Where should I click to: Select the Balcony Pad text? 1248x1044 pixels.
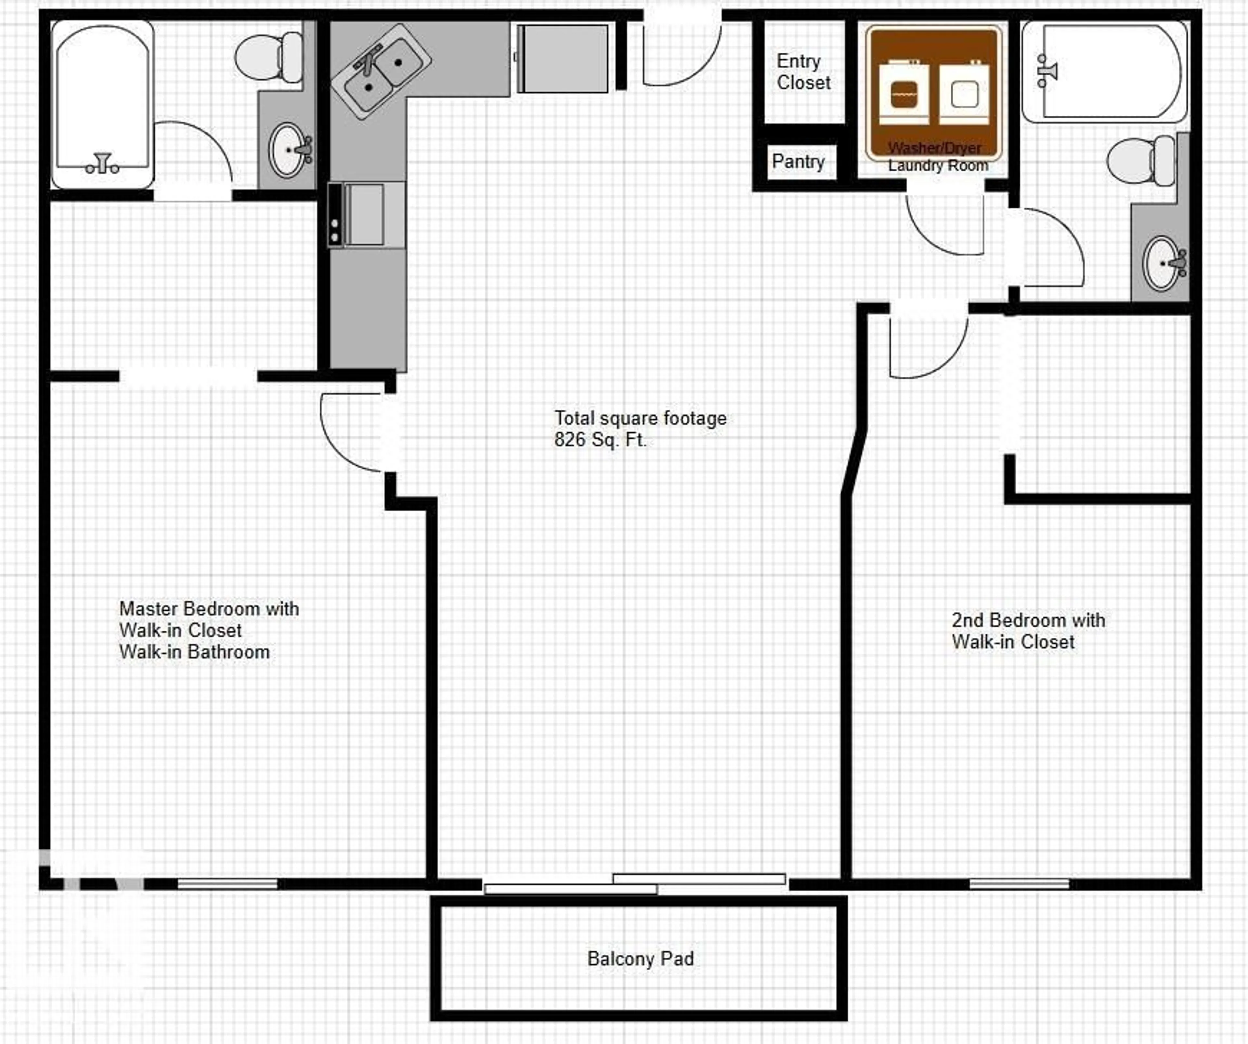coord(640,959)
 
